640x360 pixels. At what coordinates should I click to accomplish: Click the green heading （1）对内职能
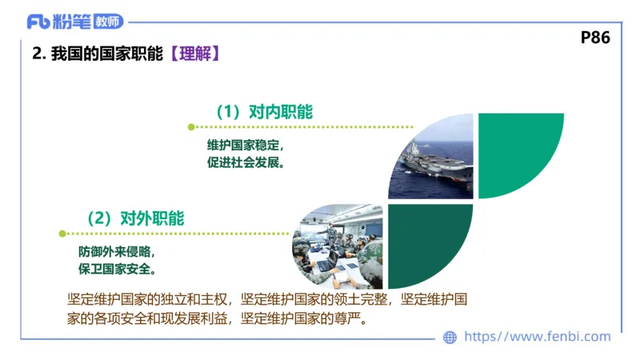click(263, 112)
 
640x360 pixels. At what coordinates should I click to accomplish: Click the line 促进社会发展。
click(246, 162)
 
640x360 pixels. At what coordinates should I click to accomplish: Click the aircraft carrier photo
click(432, 156)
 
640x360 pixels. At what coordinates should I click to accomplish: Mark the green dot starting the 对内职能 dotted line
click(190, 126)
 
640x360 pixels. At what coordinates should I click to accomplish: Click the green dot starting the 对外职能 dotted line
click(62, 234)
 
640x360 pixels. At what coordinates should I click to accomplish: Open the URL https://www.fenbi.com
click(537, 337)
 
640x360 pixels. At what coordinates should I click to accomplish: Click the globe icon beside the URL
click(450, 338)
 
